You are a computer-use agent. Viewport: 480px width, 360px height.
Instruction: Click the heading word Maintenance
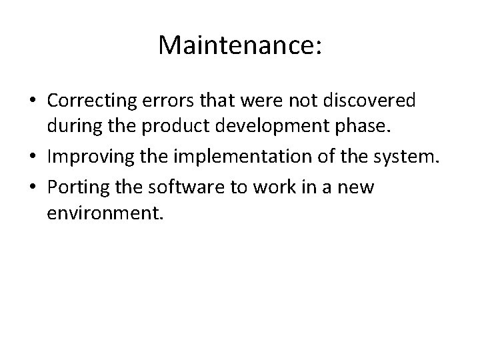click(x=237, y=46)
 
